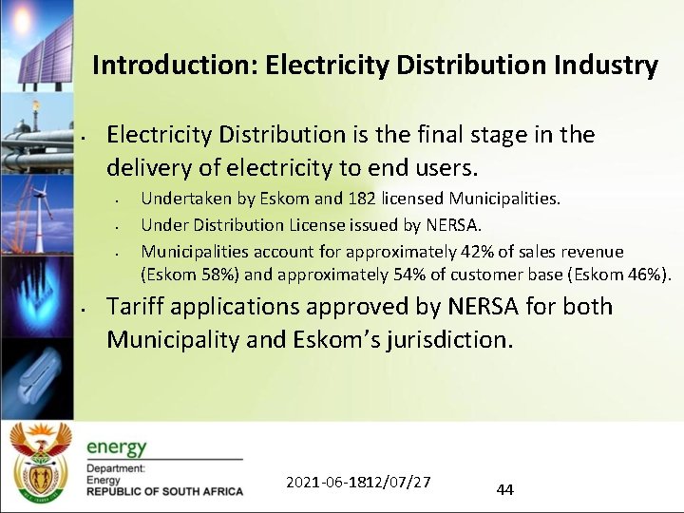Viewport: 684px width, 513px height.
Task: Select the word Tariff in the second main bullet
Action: click(136, 307)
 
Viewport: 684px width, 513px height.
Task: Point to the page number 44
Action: click(504, 490)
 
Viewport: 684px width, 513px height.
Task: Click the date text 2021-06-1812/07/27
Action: click(358, 482)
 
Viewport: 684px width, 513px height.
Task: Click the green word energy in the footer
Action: click(117, 447)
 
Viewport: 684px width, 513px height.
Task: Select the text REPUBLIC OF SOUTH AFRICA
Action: click(164, 492)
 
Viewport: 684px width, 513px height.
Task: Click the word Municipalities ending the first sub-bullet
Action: click(504, 199)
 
